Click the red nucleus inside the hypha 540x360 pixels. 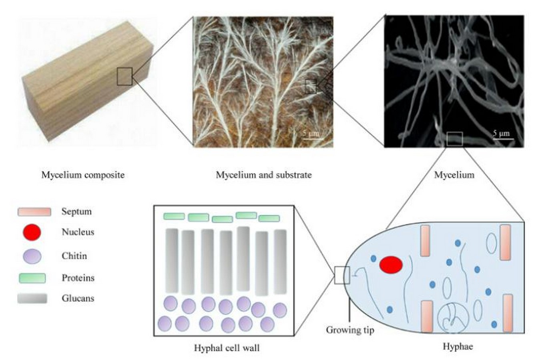[x=391, y=265]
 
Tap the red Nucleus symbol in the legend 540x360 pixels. [x=32, y=232]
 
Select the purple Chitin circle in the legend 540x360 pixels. [x=32, y=256]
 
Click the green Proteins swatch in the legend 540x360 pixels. [x=32, y=278]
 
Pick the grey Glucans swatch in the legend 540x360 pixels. [x=32, y=298]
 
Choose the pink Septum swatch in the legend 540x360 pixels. [x=34, y=212]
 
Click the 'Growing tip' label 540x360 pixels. [x=350, y=330]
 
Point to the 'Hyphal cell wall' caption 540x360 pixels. [x=227, y=348]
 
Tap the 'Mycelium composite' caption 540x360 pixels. [x=83, y=175]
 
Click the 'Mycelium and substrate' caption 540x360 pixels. [x=264, y=175]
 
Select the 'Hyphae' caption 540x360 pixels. [x=458, y=346]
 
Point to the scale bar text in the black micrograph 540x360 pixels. [x=501, y=133]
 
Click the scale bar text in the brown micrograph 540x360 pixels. [x=311, y=133]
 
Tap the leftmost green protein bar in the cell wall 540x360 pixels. [x=174, y=216]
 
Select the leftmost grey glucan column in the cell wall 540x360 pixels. [x=172, y=261]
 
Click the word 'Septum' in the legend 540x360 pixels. [x=77, y=212]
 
